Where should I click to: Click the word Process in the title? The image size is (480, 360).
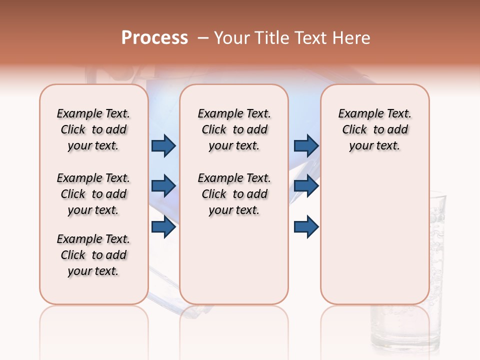tap(154, 38)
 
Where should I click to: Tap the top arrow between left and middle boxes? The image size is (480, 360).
tap(163, 145)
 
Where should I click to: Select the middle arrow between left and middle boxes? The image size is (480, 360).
tap(163, 186)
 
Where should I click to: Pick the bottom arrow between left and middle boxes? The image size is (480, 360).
tap(163, 227)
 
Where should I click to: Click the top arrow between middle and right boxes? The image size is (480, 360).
tap(306, 145)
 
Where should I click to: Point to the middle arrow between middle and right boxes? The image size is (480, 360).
tap(306, 186)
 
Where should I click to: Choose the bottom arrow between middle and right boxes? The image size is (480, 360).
tap(306, 227)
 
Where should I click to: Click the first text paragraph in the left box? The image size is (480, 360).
tap(93, 129)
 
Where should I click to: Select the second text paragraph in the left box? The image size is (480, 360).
tap(93, 194)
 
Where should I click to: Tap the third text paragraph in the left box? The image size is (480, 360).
tap(93, 255)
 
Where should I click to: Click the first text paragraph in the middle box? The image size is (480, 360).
tap(234, 129)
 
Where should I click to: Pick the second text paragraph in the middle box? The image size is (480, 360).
tap(234, 194)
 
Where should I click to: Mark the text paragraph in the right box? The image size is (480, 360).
tap(375, 129)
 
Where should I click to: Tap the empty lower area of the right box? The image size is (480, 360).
tap(375, 235)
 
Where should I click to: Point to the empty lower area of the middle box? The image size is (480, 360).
tap(234, 260)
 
